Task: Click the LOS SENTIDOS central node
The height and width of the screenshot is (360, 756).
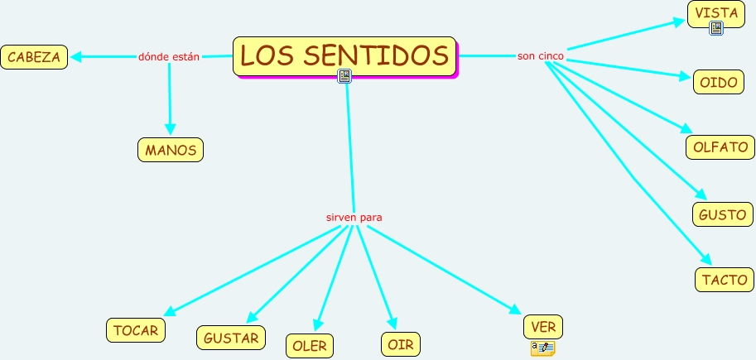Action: [x=344, y=55]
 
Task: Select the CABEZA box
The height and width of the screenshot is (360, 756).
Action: [x=34, y=57]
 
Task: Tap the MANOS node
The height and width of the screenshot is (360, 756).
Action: [x=171, y=150]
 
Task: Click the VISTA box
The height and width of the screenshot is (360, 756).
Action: [x=716, y=13]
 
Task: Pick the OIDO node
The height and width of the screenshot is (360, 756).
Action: [x=719, y=83]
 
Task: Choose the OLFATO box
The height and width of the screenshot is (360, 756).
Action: [x=720, y=147]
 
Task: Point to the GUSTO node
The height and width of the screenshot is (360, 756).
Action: [x=723, y=214]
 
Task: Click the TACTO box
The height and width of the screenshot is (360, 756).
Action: [x=725, y=280]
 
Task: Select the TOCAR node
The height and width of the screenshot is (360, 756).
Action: [x=136, y=330]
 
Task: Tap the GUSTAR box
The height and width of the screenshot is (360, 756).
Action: [x=231, y=338]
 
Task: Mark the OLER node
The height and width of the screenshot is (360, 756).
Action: [x=310, y=346]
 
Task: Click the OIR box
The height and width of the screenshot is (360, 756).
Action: [x=401, y=343]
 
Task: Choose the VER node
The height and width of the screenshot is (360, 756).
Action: [x=543, y=327]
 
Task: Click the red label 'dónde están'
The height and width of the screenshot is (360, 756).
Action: [x=169, y=57]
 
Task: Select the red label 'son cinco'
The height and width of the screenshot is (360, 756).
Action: [x=541, y=56]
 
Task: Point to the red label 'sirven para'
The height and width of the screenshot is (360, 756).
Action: [x=354, y=217]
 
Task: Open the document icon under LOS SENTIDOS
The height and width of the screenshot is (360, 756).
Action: [x=344, y=76]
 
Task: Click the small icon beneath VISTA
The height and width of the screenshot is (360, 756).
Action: [x=716, y=29]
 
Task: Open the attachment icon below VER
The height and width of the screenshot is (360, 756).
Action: [x=542, y=348]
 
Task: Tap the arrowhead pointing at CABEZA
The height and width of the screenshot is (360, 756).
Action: [x=75, y=57]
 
